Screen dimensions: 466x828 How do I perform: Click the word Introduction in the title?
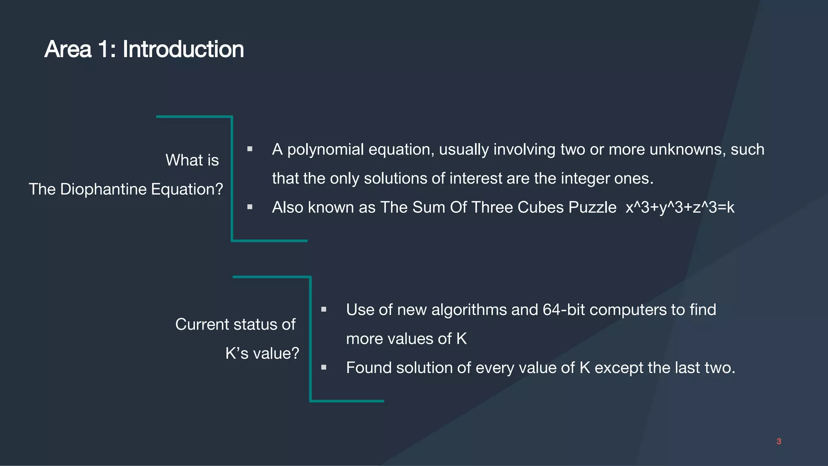183,49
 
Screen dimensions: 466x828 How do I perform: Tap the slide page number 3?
779,441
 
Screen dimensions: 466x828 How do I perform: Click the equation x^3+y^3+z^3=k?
680,208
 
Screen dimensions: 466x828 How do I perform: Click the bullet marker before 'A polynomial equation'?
250,149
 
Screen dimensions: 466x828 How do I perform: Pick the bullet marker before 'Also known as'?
250,207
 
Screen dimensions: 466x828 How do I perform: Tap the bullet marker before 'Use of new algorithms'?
324,309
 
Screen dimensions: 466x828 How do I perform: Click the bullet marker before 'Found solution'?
324,367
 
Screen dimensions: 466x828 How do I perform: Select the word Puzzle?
592,208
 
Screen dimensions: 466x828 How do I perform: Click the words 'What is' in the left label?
192,160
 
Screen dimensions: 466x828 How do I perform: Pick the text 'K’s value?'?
262,354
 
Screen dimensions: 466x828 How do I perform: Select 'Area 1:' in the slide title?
80,49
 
